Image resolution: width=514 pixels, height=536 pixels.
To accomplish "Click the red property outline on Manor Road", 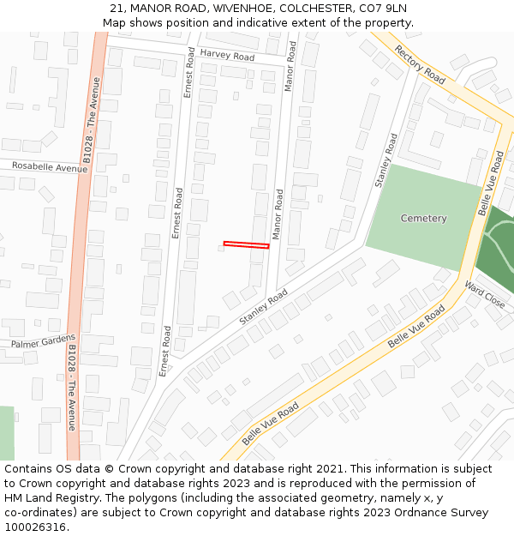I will (x=246, y=245).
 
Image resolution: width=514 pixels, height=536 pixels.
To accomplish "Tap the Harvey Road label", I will (x=227, y=56).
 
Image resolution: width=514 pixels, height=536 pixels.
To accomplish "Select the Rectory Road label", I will (x=420, y=64).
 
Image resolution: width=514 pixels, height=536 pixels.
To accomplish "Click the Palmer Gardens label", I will (x=43, y=341).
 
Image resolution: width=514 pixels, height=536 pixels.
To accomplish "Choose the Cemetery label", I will (x=424, y=219).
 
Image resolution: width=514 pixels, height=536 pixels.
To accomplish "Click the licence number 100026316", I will (x=34, y=527).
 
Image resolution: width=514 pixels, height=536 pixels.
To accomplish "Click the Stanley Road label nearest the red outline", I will (x=263, y=307).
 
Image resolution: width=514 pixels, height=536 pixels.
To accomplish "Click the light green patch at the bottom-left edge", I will (x=6, y=433).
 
